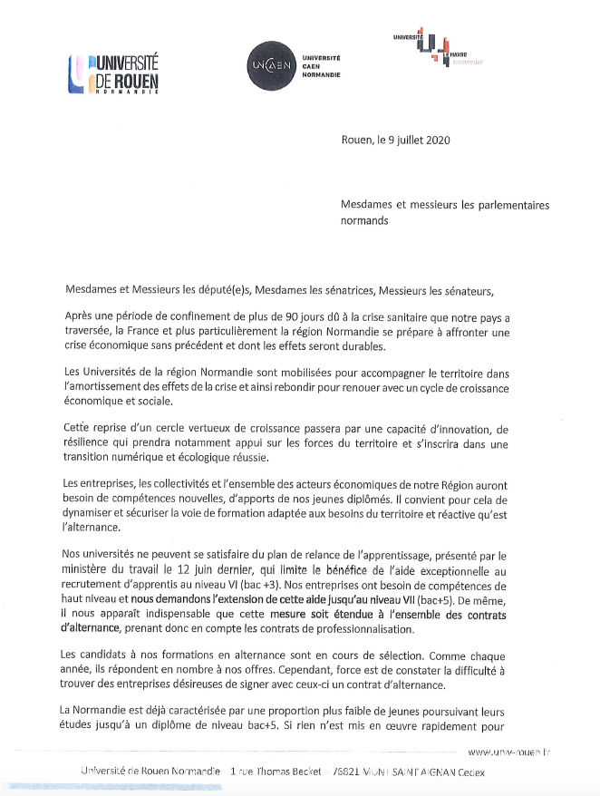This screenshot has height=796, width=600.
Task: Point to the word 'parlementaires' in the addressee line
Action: click(514, 206)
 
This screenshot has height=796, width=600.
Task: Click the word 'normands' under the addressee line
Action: click(364, 220)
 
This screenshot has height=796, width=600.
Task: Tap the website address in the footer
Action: click(510, 752)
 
